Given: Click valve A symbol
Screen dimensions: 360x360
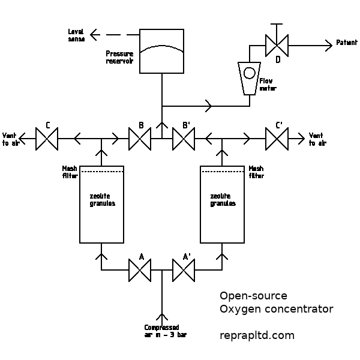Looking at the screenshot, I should click(140, 270).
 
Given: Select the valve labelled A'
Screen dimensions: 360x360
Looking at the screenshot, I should click(183, 270).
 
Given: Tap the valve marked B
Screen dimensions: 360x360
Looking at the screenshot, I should click(140, 139).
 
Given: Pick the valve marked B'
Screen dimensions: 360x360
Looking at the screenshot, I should click(183, 139).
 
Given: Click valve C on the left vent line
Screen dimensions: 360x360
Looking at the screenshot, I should click(46, 139).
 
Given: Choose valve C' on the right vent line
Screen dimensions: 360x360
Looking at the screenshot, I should click(277, 139).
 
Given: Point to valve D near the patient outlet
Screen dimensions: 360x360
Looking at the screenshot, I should click(277, 45).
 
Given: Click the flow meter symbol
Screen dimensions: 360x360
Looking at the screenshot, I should click(249, 77).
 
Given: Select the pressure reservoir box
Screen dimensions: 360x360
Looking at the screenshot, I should click(161, 51).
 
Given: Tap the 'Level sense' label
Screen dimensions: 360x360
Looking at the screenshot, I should click(76, 34).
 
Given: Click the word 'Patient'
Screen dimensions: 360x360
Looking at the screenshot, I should click(347, 43).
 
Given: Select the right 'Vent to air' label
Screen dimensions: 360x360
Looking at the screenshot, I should click(317, 139).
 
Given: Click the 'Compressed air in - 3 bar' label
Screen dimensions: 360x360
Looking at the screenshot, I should click(165, 331).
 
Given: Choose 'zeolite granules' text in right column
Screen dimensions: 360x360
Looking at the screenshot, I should click(223, 200).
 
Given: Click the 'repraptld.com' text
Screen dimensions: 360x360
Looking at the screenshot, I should click(257, 335).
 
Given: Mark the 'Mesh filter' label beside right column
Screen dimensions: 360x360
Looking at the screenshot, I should click(256, 172).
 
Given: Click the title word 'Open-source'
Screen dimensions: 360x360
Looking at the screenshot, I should click(253, 296).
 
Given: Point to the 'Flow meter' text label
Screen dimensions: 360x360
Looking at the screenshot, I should click(268, 84).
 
